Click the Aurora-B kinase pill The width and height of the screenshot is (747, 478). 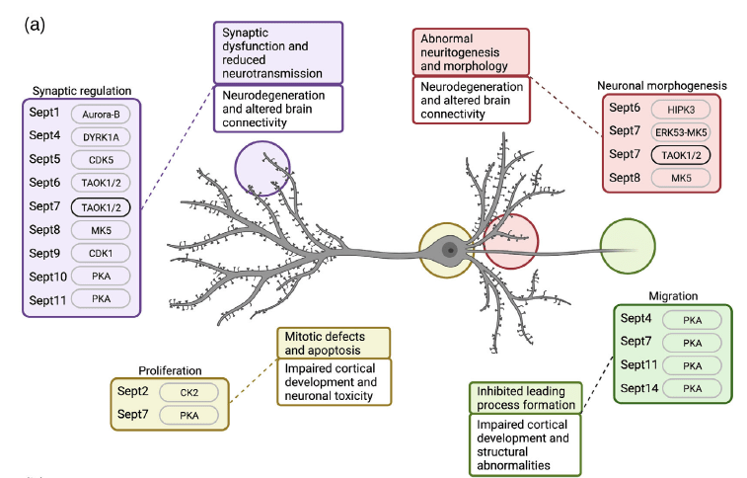click(101, 115)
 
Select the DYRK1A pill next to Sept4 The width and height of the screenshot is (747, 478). click(101, 136)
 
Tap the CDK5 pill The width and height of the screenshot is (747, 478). click(101, 159)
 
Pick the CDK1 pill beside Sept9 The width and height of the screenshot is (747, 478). click(101, 252)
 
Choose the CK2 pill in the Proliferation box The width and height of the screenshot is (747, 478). click(189, 392)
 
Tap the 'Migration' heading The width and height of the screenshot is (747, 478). click(673, 295)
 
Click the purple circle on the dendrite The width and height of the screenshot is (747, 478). click(262, 169)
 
